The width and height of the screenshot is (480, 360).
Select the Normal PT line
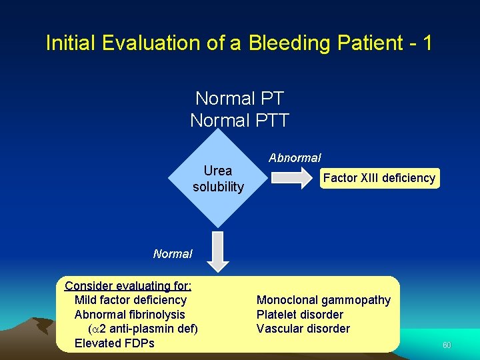239,99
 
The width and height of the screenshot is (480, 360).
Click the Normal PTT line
239,121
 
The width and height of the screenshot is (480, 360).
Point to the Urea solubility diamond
218,178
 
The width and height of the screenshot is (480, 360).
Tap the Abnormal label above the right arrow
295,158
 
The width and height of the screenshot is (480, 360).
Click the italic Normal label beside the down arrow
173,254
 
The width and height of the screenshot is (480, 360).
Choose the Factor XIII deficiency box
379,178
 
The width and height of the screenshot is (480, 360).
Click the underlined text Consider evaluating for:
128,286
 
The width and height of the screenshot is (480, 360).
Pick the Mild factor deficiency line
131,300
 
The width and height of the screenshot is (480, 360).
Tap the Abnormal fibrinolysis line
130,315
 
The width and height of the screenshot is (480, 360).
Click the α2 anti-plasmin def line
143,329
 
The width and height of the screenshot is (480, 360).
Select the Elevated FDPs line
115,343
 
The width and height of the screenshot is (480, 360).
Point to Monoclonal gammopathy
323,300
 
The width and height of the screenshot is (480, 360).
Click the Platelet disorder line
300,315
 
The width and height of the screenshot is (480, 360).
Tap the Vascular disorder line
303,329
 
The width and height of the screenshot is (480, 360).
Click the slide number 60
447,345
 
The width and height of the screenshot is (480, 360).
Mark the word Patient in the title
364,43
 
